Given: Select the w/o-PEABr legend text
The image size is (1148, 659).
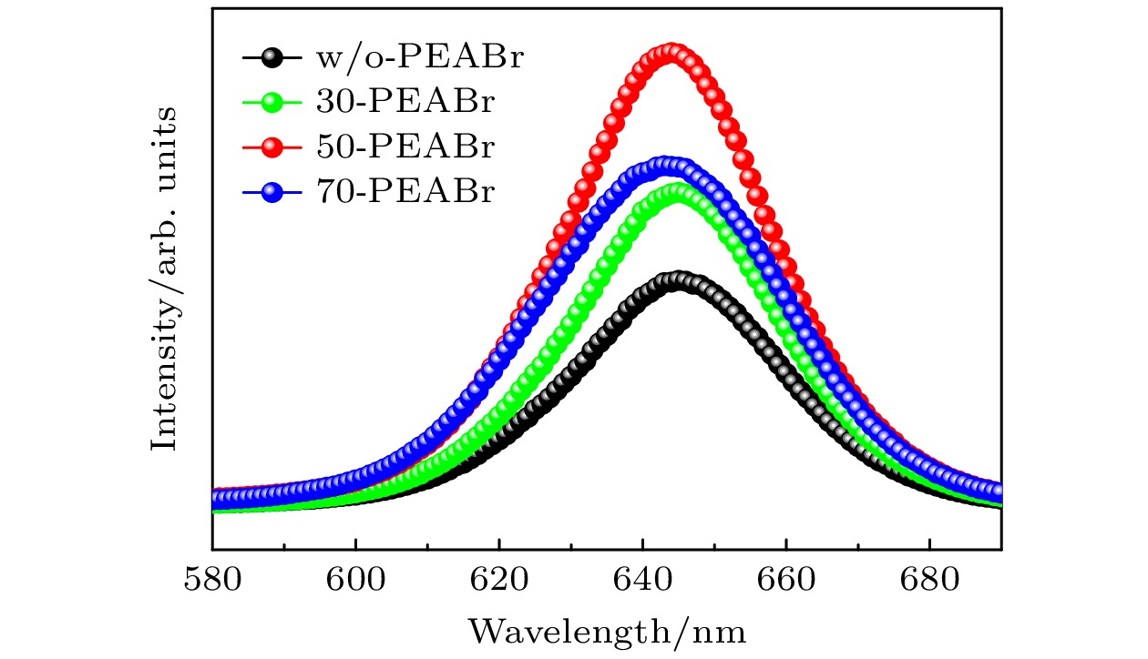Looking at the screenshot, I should [x=421, y=57].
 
